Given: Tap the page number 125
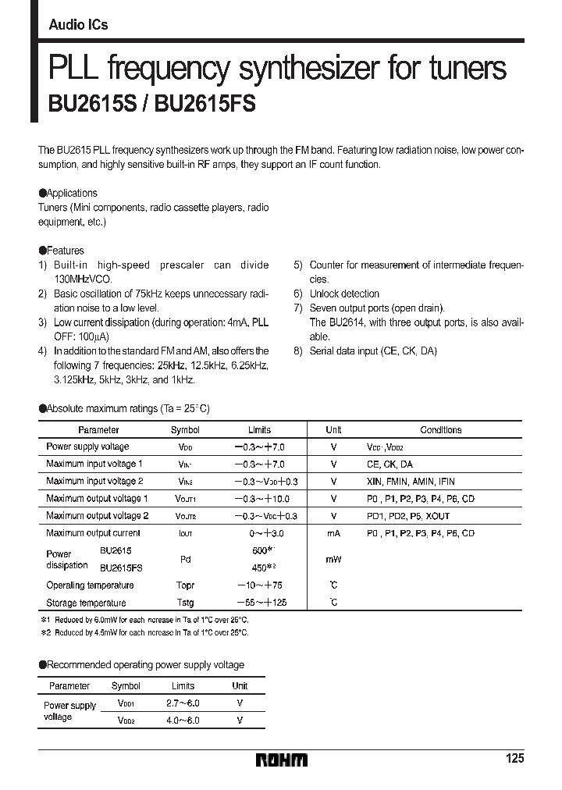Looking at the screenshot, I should coord(514,759).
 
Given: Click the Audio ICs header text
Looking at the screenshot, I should coord(78,25).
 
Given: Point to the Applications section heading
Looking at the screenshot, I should coord(68,193).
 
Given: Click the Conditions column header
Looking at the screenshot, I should coord(440,430).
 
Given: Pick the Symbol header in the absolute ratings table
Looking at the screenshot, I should coord(185,430).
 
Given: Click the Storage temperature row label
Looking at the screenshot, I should coord(86,603).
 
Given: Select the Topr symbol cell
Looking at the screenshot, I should coord(185,585).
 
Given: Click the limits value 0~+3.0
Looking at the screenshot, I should coord(259,533).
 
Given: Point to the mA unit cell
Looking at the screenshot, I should coord(333,533).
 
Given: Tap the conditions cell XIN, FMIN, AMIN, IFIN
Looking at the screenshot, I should coord(410,482).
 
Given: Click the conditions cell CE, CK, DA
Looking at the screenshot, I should coord(389,464).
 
